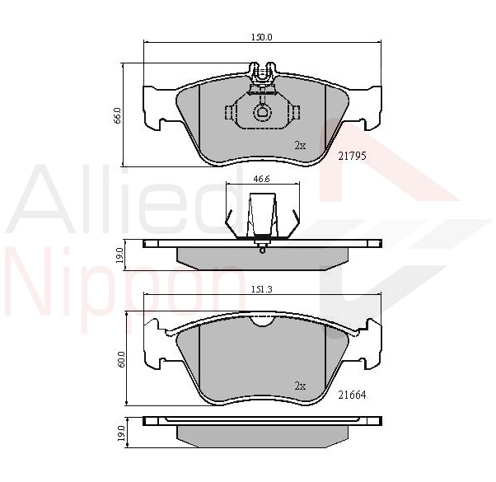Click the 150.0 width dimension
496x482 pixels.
coord(262,37)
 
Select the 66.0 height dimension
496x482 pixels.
coord(117,115)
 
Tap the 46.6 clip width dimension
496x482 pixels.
coord(262,179)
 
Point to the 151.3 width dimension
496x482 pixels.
coord(262,289)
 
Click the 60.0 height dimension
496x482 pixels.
coord(122,359)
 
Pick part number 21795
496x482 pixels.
coord(352,156)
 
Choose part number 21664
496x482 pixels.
coord(352,395)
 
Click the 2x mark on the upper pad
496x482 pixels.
coord(300,146)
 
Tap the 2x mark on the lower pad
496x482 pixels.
coord(300,386)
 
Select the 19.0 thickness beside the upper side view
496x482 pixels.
coord(119,255)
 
